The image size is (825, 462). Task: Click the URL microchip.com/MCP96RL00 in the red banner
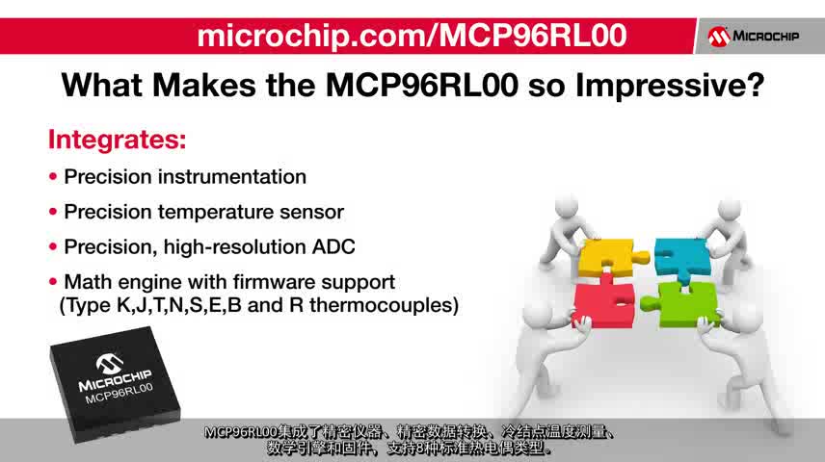coord(412,36)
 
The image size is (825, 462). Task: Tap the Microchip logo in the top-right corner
coord(754,37)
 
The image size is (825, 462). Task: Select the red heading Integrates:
coord(117,140)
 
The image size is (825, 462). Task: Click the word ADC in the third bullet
coord(334,247)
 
